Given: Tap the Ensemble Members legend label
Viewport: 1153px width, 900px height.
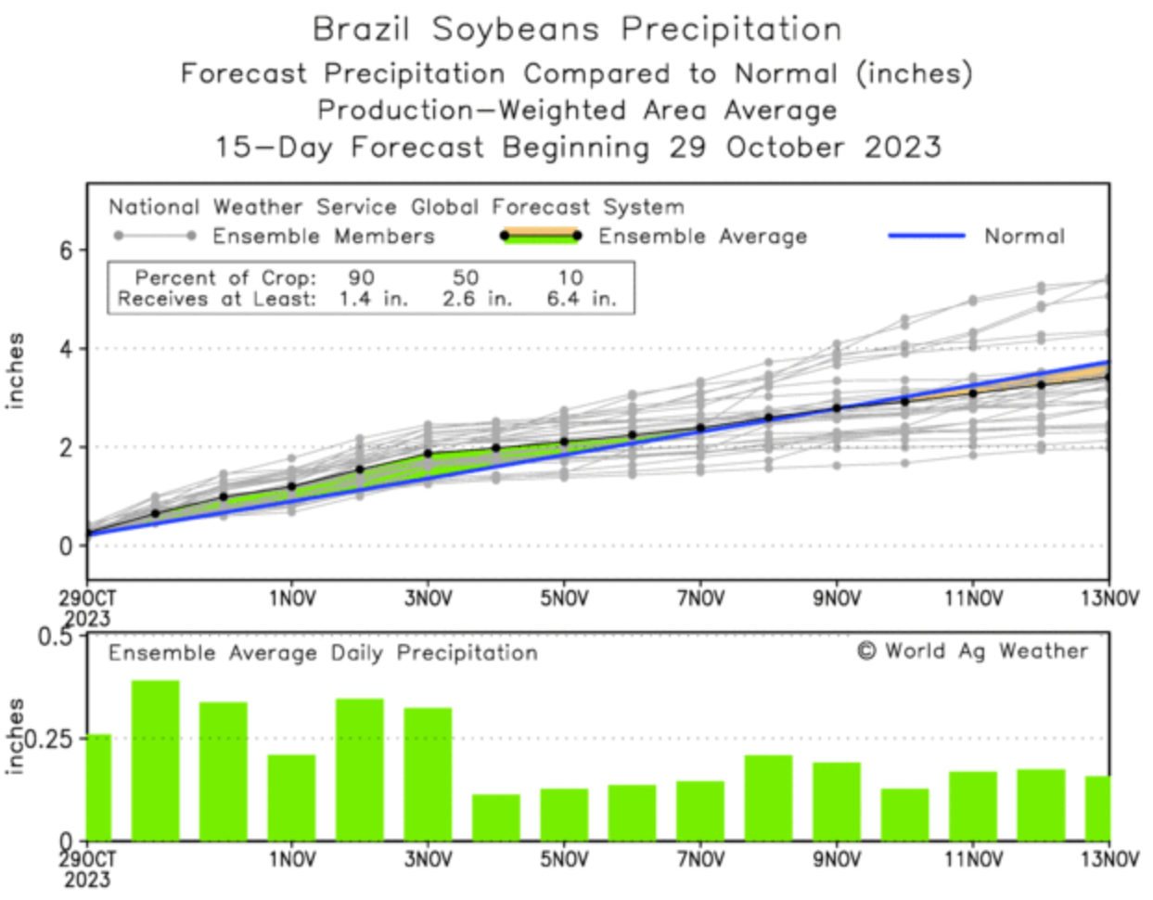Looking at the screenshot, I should pos(323,237).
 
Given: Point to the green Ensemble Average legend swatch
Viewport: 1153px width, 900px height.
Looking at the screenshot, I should pos(540,237).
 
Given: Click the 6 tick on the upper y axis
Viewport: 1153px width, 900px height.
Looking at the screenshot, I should pos(67,251).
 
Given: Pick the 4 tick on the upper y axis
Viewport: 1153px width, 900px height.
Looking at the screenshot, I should pos(67,349).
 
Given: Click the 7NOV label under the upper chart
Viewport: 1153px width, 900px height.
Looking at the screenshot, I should pos(700,598).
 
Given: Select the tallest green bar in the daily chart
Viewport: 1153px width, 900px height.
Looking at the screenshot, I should pos(155,760).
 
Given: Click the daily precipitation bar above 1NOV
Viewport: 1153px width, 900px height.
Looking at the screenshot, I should pos(291,797).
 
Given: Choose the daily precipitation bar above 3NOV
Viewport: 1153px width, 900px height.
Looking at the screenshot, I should pos(428,774).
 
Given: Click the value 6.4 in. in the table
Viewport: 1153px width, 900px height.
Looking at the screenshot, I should pos(580,300).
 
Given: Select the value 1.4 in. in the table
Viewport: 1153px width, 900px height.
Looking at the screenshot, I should pos(372,300).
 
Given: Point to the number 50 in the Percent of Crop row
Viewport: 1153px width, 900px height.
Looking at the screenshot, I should pos(465,277).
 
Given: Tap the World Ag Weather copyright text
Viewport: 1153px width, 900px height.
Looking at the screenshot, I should pos(972,651).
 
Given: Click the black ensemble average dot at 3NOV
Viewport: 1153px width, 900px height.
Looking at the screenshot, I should pos(428,454).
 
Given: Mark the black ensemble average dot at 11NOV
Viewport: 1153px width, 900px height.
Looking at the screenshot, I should pos(973,393).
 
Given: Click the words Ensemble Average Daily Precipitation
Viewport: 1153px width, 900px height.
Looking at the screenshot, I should pos(323,653).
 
